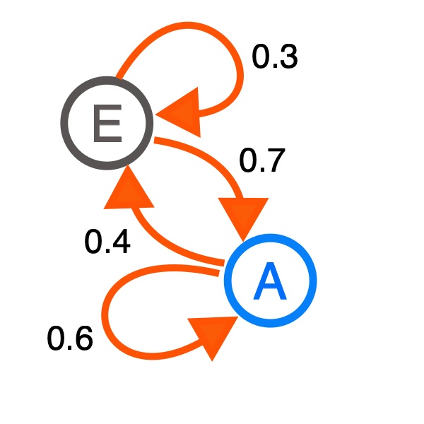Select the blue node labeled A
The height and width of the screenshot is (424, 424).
point(270,281)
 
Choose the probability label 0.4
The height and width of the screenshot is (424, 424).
point(107,243)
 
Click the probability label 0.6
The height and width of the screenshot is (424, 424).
point(70,340)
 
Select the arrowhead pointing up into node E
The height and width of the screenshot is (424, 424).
point(125,189)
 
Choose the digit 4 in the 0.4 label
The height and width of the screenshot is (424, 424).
point(119,243)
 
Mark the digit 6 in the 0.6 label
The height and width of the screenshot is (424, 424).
point(82,340)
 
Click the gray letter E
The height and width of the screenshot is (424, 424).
point(106,123)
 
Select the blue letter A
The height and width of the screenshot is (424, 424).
point(270,281)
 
